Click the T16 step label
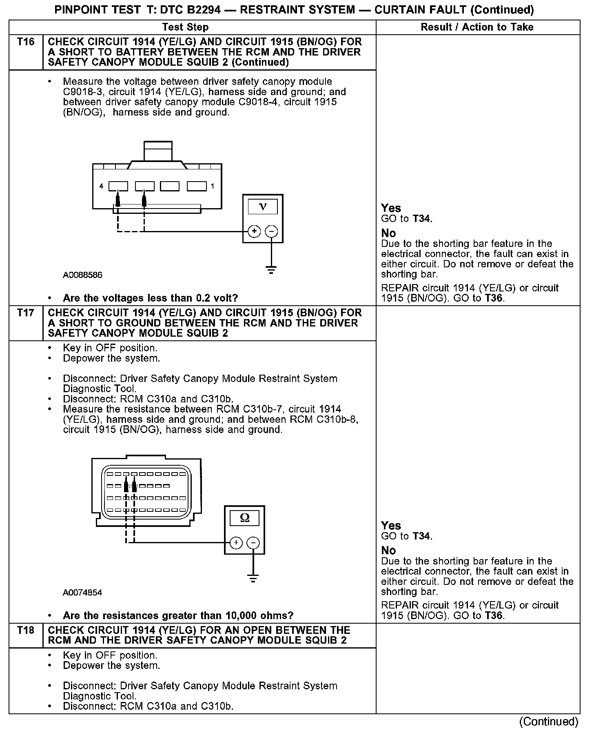pyautogui.click(x=26, y=42)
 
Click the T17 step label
pyautogui.click(x=26, y=313)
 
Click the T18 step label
pyautogui.click(x=26, y=631)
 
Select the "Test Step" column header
pyautogui.click(x=185, y=27)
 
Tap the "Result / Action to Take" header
pyautogui.click(x=477, y=27)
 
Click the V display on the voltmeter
pyautogui.click(x=263, y=207)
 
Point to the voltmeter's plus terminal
pyautogui.click(x=254, y=231)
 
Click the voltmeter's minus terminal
pyautogui.click(x=271, y=231)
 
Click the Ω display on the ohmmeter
pyautogui.click(x=244, y=518)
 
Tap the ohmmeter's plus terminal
pyautogui.click(x=236, y=543)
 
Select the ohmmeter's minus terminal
pyautogui.click(x=253, y=543)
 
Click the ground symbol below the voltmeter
pyautogui.click(x=271, y=270)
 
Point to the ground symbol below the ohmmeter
pyautogui.click(x=253, y=579)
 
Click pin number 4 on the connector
pyautogui.click(x=101, y=187)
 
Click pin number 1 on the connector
pyautogui.click(x=213, y=187)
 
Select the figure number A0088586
pyautogui.click(x=82, y=275)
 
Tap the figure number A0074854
pyautogui.click(x=82, y=593)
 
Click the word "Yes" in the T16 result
pyautogui.click(x=391, y=208)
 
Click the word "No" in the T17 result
pyautogui.click(x=388, y=551)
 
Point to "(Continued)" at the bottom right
pyautogui.click(x=549, y=722)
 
